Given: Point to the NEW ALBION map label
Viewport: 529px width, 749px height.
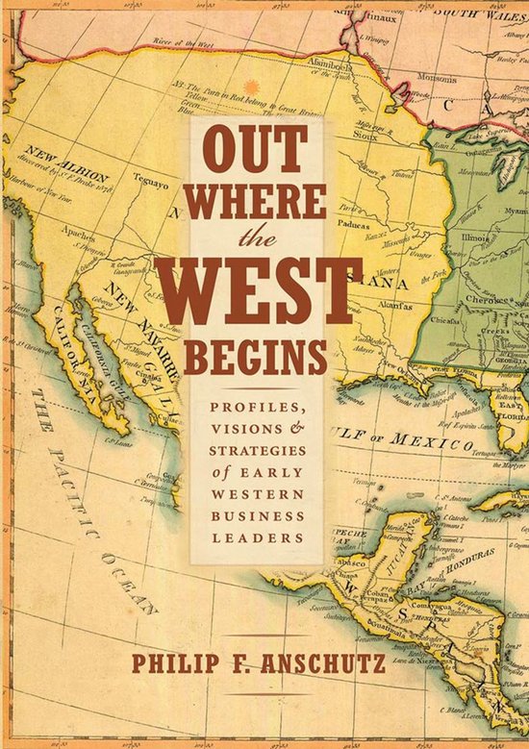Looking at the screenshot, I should click(57, 158).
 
